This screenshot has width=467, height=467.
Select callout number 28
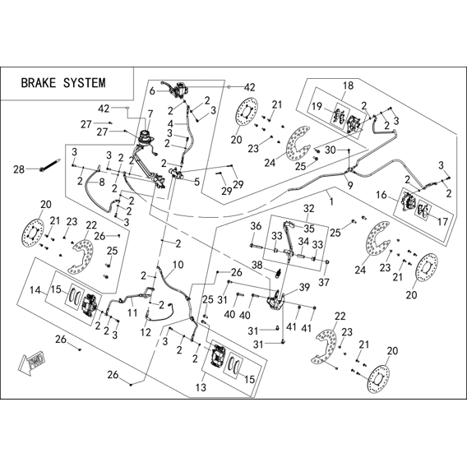pyautogui.click(x=19, y=169)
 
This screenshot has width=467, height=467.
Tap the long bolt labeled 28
pyautogui.click(x=49, y=164)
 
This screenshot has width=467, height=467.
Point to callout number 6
pyautogui.click(x=152, y=90)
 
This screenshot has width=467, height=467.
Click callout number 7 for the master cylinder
pyautogui.click(x=150, y=113)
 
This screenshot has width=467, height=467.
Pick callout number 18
pyautogui.click(x=348, y=86)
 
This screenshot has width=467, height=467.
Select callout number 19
pyautogui.click(x=317, y=106)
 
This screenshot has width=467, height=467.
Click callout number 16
pyautogui.click(x=381, y=195)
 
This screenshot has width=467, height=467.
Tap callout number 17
pyautogui.click(x=443, y=222)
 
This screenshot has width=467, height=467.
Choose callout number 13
pyautogui.click(x=201, y=387)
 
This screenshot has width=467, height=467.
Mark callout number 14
pyautogui.click(x=35, y=289)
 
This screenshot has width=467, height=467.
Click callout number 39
pyautogui.click(x=304, y=288)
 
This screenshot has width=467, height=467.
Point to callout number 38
pyautogui.click(x=258, y=265)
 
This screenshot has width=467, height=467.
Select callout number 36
pyautogui.click(x=256, y=226)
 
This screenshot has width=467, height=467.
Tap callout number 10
pyautogui.click(x=178, y=265)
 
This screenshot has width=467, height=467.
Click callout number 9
pyautogui.click(x=350, y=186)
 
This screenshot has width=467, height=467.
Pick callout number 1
pyautogui.click(x=331, y=202)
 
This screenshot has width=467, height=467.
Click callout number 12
pyautogui.click(x=146, y=332)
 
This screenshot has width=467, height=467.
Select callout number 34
pyautogui.click(x=303, y=242)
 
